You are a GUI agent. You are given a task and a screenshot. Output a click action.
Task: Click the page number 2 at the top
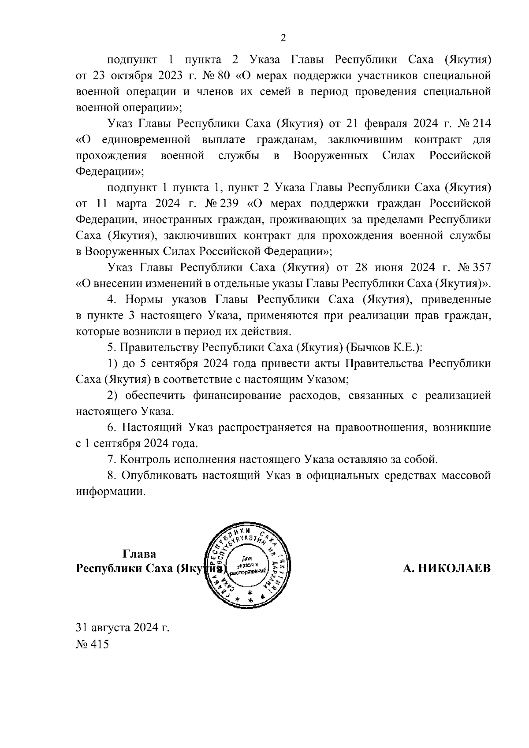[x=283, y=38]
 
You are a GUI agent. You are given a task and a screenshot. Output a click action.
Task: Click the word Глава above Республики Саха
[x=139, y=554]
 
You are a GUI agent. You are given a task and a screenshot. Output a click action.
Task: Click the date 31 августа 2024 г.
[x=123, y=627]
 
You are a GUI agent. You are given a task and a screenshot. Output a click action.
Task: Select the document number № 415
[x=92, y=644]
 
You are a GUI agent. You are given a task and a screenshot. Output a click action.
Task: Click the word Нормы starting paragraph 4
[x=141, y=300]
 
